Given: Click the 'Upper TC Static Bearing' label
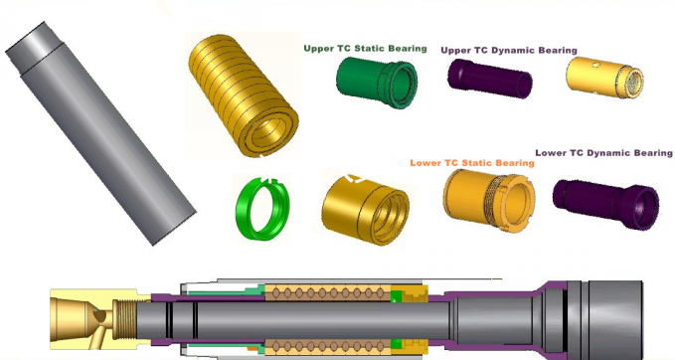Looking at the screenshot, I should (x=365, y=48).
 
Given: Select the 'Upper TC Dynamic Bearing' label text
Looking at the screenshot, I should (x=508, y=50).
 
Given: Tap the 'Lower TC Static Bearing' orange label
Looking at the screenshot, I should (x=471, y=162).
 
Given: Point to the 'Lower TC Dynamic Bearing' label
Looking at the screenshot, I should (x=603, y=152).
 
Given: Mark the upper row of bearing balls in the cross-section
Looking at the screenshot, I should (x=328, y=293).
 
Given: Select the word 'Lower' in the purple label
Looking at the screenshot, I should (x=552, y=152).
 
